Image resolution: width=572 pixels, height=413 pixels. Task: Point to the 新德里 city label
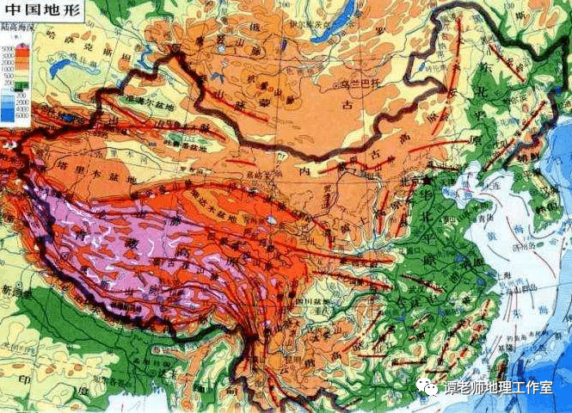pyautogui.click(x=15, y=293)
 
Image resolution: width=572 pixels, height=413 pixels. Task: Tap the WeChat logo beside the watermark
pyautogui.click(x=428, y=388)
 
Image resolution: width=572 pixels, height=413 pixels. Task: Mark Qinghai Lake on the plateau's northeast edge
pyautogui.click(x=274, y=219)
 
